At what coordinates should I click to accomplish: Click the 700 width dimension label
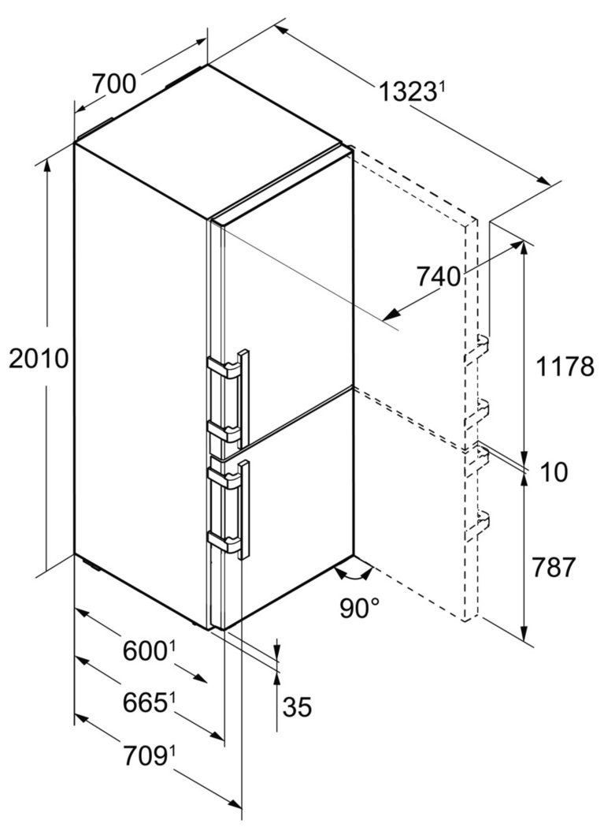(x=114, y=84)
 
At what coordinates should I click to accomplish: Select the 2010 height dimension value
(x=39, y=359)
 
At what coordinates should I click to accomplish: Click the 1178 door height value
(x=565, y=366)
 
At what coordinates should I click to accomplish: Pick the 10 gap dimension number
(x=554, y=471)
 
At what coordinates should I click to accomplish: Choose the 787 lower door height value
(x=553, y=568)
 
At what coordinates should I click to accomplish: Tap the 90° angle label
(x=360, y=608)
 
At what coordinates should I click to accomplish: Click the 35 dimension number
(x=296, y=706)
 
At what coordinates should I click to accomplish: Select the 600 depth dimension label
(x=145, y=650)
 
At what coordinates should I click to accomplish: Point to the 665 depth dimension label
(x=145, y=702)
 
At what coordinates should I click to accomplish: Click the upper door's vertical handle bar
(x=244, y=398)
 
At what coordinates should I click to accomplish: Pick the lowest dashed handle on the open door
(x=477, y=525)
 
